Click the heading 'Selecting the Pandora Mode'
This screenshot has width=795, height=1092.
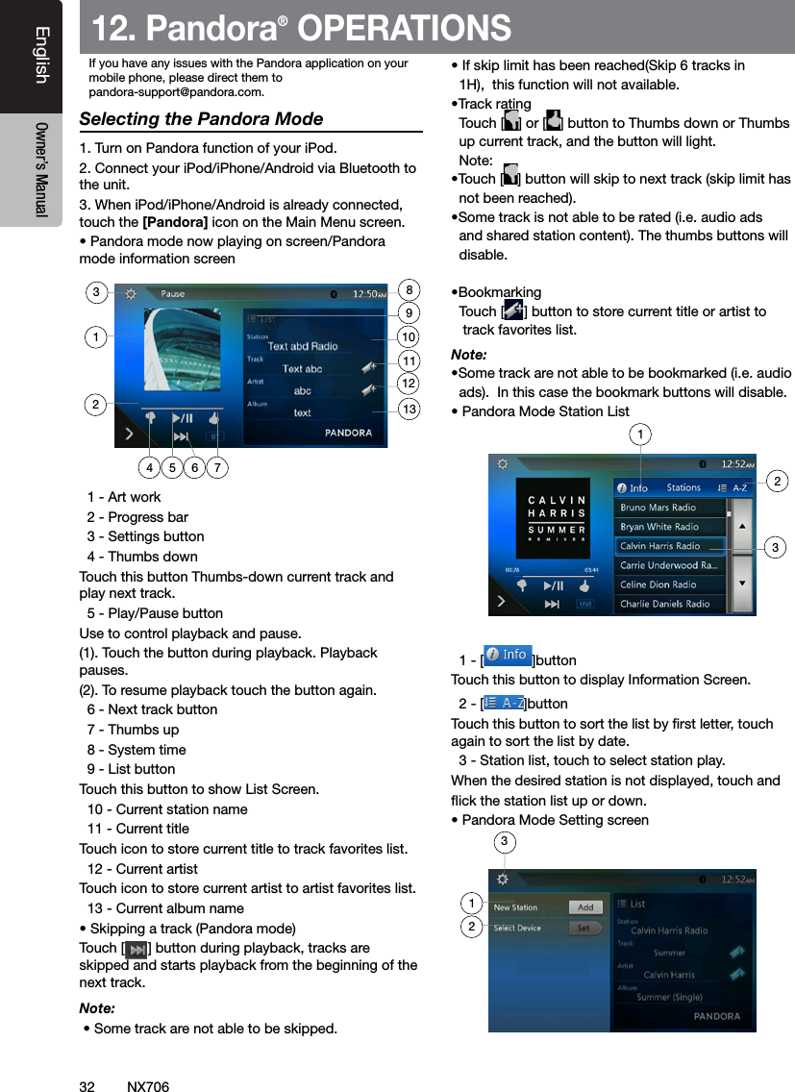[x=201, y=119]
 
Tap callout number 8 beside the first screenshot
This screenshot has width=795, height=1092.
[x=410, y=290]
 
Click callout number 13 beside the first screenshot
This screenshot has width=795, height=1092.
[x=410, y=409]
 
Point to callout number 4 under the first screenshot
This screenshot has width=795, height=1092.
[x=149, y=468]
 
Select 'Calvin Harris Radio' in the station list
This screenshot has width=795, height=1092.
[x=660, y=546]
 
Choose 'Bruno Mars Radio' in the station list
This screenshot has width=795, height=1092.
[x=658, y=508]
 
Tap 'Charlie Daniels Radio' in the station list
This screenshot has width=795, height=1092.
[x=665, y=604]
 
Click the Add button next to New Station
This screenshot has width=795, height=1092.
[x=585, y=907]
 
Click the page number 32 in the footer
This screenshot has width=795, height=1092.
[x=87, y=1086]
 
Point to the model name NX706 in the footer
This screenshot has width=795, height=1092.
[x=148, y=1086]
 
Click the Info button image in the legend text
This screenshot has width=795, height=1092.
[x=508, y=656]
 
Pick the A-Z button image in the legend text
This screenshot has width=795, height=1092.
[x=504, y=704]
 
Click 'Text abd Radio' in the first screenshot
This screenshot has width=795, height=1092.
[x=303, y=346]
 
